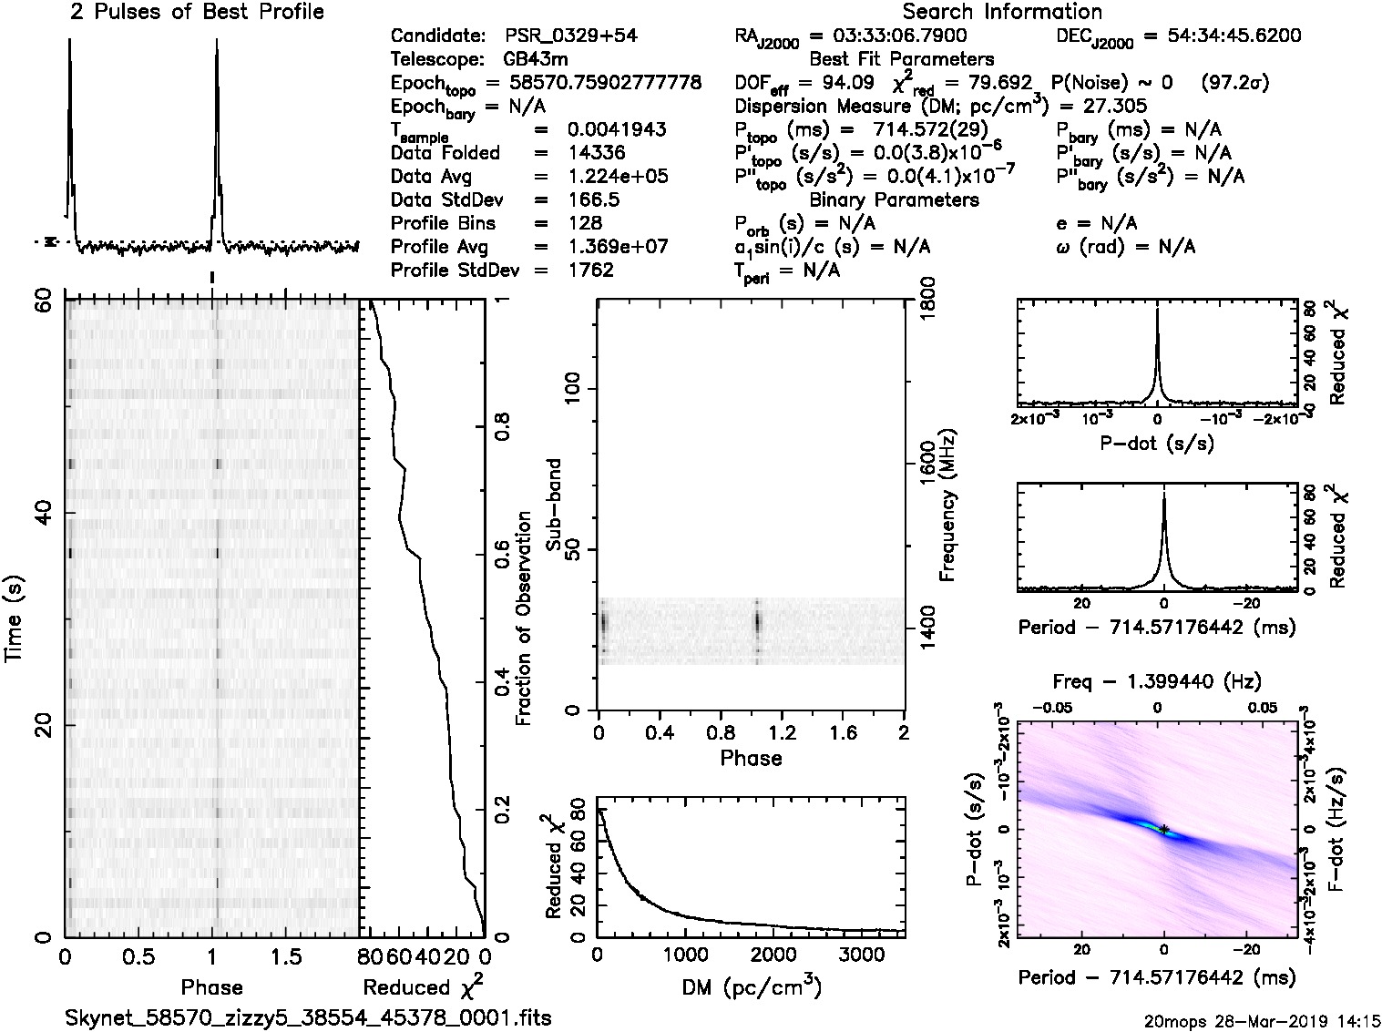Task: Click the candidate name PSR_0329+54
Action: [571, 36]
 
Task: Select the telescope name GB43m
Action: [540, 60]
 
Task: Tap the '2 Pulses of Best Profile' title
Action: [197, 12]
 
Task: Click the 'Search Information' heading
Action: [1002, 12]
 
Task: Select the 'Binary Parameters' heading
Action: [894, 199]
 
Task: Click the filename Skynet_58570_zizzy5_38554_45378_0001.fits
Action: [309, 1017]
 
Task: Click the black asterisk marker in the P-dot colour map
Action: [1164, 829]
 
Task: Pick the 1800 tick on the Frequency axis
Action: [926, 301]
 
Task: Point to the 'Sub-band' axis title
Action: [555, 506]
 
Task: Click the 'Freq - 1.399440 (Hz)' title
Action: [1157, 681]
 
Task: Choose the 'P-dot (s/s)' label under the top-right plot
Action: [1157, 444]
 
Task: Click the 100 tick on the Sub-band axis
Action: [574, 390]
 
